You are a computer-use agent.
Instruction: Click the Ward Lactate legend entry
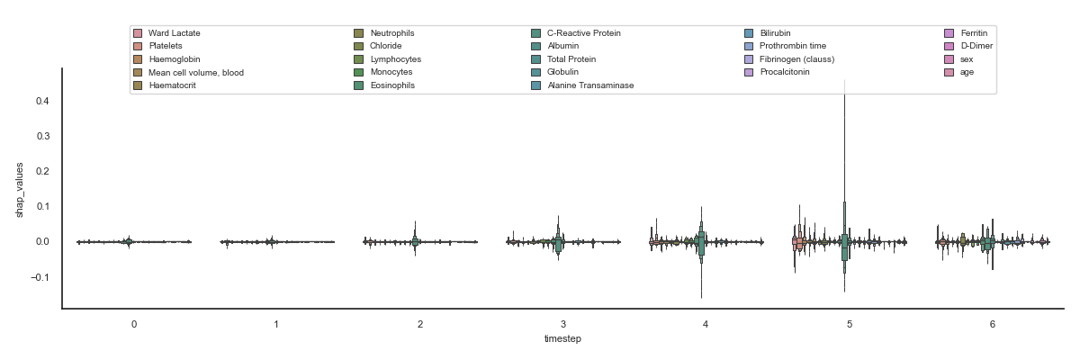click(175, 33)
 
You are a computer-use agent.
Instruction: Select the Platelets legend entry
click(166, 46)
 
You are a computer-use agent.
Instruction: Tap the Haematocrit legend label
click(173, 85)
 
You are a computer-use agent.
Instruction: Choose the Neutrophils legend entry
click(392, 33)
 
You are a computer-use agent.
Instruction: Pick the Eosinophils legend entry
click(392, 85)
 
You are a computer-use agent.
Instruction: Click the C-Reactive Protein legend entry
click(583, 33)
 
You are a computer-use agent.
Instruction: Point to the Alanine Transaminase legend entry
click(590, 85)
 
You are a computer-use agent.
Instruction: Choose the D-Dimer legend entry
click(976, 46)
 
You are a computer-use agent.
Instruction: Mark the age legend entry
click(967, 72)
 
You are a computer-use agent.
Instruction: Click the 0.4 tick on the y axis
click(42, 101)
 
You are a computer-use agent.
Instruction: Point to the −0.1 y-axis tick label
click(40, 277)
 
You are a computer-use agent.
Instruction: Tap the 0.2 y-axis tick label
click(42, 171)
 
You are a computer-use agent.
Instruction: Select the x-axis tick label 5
click(850, 322)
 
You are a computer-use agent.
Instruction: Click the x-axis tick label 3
click(563, 322)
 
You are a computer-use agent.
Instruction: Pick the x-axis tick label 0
click(133, 322)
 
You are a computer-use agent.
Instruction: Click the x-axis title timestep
click(562, 338)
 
